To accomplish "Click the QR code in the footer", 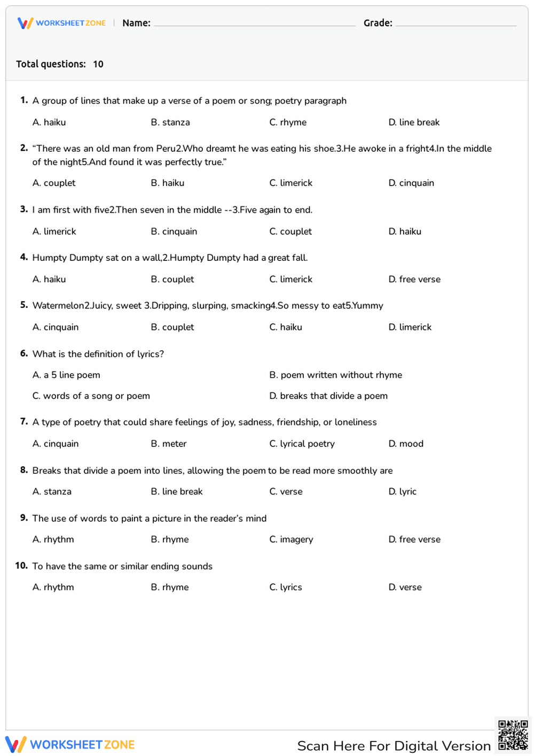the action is tap(513, 735).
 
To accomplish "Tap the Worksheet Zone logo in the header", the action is tap(61, 23).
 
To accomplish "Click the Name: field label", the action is tap(136, 23).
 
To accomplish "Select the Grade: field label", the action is tap(378, 23).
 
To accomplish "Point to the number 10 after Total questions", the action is tap(98, 64).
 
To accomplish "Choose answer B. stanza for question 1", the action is tap(170, 122).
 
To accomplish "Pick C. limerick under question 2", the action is tap(291, 183).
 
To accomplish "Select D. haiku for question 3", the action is tap(405, 232).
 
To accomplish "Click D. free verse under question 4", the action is tap(414, 279).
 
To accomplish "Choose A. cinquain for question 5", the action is tap(56, 327).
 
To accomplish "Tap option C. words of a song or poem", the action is tap(91, 396).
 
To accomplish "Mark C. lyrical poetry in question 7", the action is tap(302, 444).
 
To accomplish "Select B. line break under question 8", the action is tap(177, 491).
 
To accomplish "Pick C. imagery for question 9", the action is tap(291, 539).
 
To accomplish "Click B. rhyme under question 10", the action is tap(170, 587).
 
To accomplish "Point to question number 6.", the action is tap(24, 353).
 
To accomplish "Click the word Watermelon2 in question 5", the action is tap(61, 306).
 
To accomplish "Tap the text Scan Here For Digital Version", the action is tap(394, 746).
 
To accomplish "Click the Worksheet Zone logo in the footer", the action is tap(70, 745).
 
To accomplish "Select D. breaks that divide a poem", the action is tap(328, 396).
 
